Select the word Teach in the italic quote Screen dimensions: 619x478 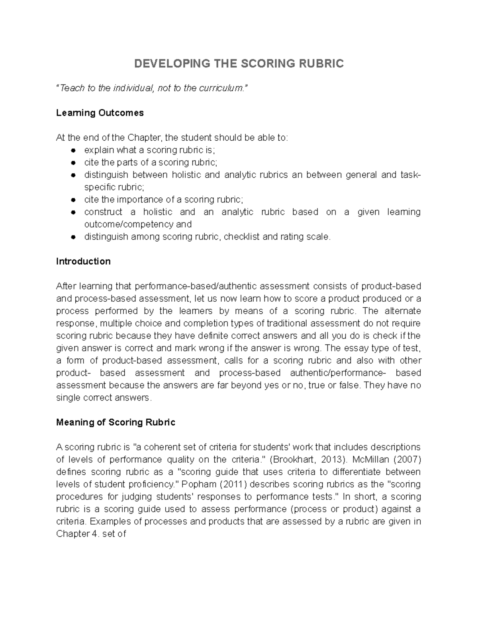(72, 88)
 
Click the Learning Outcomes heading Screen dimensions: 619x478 (100, 113)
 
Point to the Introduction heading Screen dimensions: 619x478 (83, 261)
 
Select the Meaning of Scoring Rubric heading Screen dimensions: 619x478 (116, 422)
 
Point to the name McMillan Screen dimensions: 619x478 (371, 460)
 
